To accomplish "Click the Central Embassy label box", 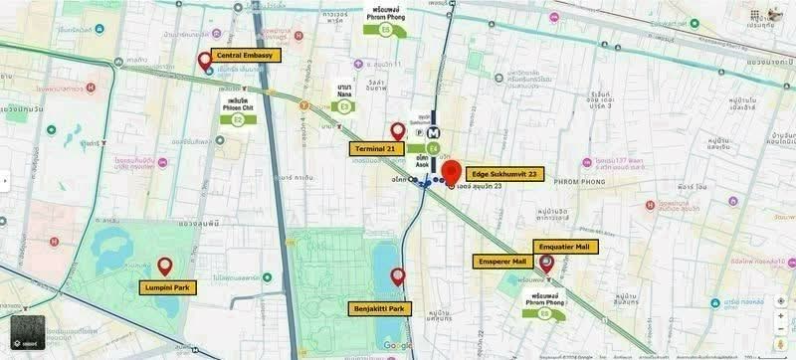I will point(245,56).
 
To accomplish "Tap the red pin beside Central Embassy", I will point(205,61).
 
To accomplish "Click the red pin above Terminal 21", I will point(398,130).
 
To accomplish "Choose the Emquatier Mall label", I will point(561,246).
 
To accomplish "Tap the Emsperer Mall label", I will point(503,262).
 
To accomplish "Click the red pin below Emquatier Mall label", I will point(546,264).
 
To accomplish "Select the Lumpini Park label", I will point(168,287).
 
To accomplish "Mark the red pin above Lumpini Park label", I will point(165,266).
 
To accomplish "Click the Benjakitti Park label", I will point(379,308).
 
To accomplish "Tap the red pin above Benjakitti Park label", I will point(398,276).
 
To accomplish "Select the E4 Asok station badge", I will point(432,148).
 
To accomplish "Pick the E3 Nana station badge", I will point(345,105).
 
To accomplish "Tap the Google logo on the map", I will point(397,345).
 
